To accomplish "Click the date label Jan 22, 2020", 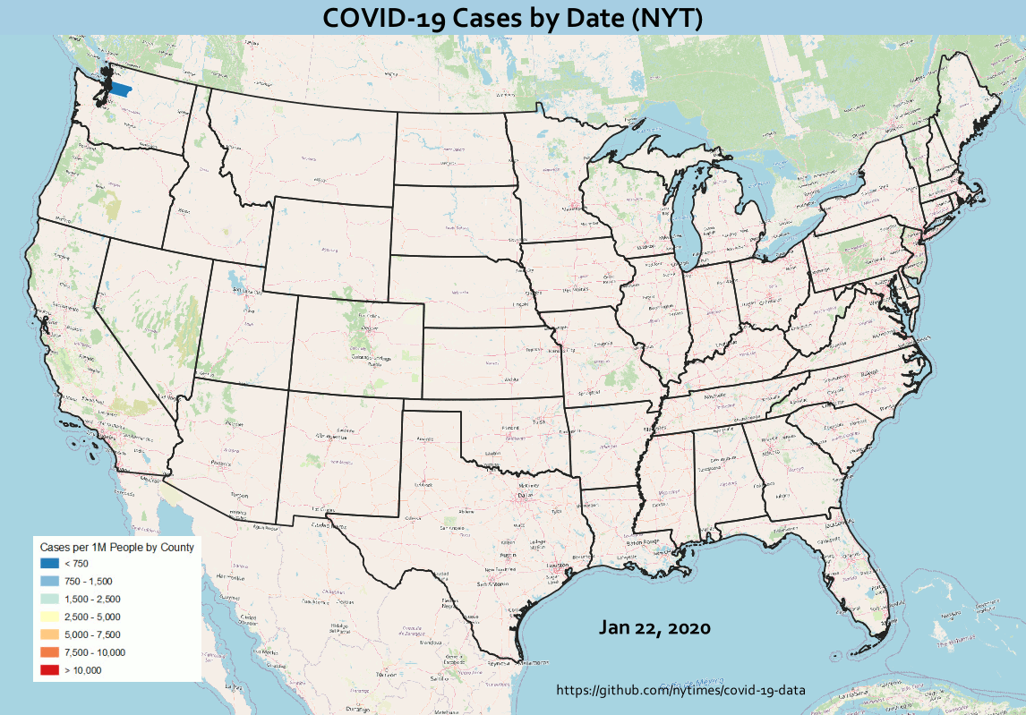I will click(654, 627).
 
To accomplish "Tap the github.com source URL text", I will click(680, 691).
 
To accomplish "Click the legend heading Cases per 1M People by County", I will click(116, 545).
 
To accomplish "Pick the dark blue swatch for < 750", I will click(49, 563).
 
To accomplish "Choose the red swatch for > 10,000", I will click(49, 670).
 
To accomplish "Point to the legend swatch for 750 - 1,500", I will click(49, 581).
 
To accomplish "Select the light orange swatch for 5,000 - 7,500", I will click(49, 634).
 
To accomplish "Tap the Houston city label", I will click(559, 566).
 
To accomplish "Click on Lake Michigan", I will click(690, 215).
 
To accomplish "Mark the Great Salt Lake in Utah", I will click(235, 280).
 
